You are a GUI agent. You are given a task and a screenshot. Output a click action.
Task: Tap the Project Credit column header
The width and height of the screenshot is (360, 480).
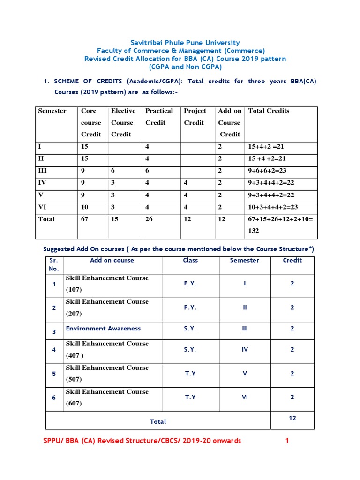coord(195,117)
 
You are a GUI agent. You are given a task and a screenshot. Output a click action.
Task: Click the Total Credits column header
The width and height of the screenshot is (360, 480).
coord(269,111)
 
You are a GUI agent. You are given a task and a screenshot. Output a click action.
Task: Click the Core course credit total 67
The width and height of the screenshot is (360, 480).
coord(84,219)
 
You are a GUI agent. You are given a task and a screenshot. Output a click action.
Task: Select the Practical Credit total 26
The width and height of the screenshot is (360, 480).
coord(149,219)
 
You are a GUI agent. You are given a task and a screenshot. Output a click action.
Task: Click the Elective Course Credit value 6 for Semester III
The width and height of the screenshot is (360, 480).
coord(113,171)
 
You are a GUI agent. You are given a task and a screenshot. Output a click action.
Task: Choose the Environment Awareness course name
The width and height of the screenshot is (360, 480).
coord(103,329)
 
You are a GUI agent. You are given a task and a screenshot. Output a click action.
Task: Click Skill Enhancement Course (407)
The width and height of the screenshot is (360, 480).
coord(107,349)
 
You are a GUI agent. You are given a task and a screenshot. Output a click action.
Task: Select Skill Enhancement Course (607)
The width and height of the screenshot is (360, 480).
coord(107,397)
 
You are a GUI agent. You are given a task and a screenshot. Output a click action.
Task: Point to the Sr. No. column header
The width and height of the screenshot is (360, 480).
coord(54,264)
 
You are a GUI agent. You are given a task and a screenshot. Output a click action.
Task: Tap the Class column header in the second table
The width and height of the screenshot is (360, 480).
coord(190,260)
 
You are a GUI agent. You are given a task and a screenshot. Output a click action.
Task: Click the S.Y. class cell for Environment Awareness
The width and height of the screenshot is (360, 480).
coord(190,329)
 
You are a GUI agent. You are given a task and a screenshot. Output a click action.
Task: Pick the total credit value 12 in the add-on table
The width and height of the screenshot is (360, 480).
coord(292,418)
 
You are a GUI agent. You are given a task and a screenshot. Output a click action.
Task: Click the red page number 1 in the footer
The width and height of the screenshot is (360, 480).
coord(287,441)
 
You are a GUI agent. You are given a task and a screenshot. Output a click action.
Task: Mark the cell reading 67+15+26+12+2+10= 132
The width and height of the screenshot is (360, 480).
coord(281,225)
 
